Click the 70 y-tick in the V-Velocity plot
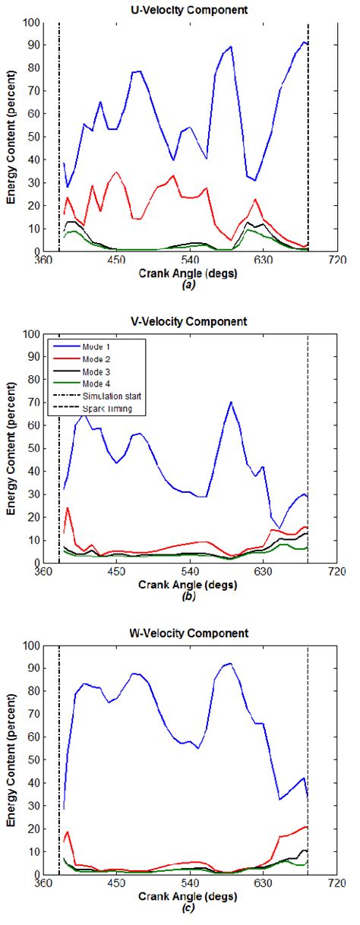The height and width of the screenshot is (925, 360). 35,403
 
